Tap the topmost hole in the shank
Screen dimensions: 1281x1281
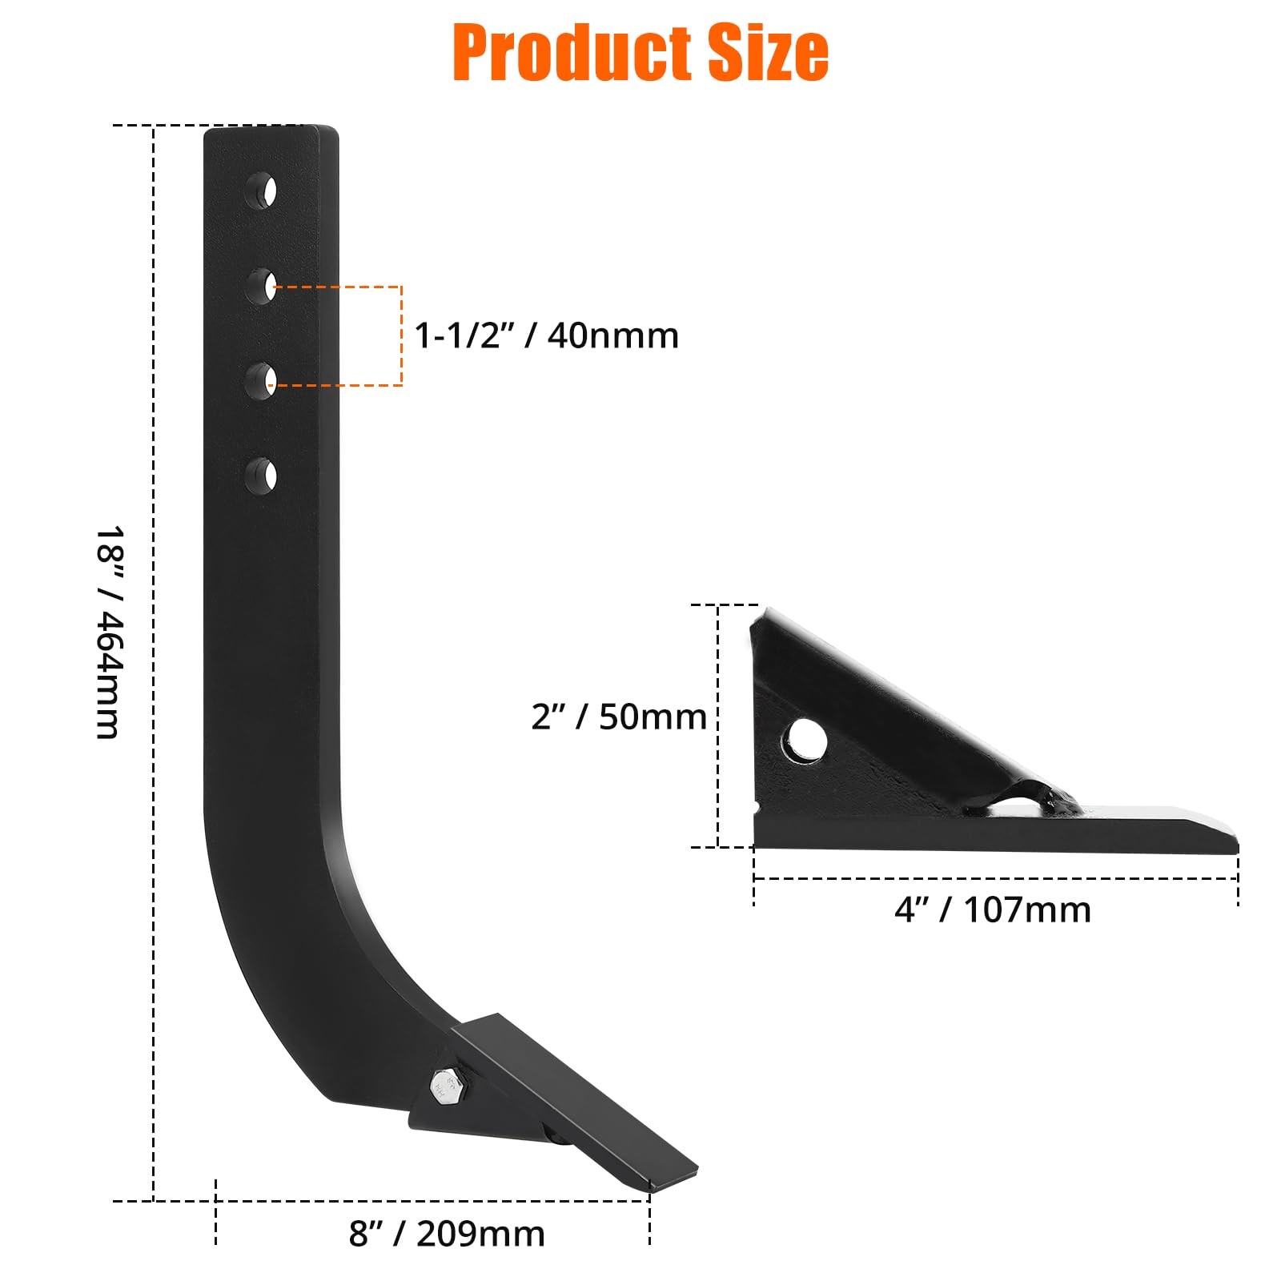coord(262,191)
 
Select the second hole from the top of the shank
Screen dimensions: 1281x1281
coord(262,286)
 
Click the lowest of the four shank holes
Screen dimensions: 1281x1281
coord(262,476)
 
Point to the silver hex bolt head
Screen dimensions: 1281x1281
coord(442,1085)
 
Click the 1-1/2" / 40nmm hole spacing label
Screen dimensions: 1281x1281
coord(546,335)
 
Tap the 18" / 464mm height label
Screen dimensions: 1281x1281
coord(109,632)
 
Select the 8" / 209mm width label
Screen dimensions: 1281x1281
coord(447,1234)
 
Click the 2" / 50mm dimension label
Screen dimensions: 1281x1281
coord(619,717)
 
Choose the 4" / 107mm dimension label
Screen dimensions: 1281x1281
coord(993,910)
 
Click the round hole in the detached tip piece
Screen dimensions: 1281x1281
coord(806,738)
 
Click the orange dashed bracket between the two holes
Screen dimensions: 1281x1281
coord(400,335)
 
